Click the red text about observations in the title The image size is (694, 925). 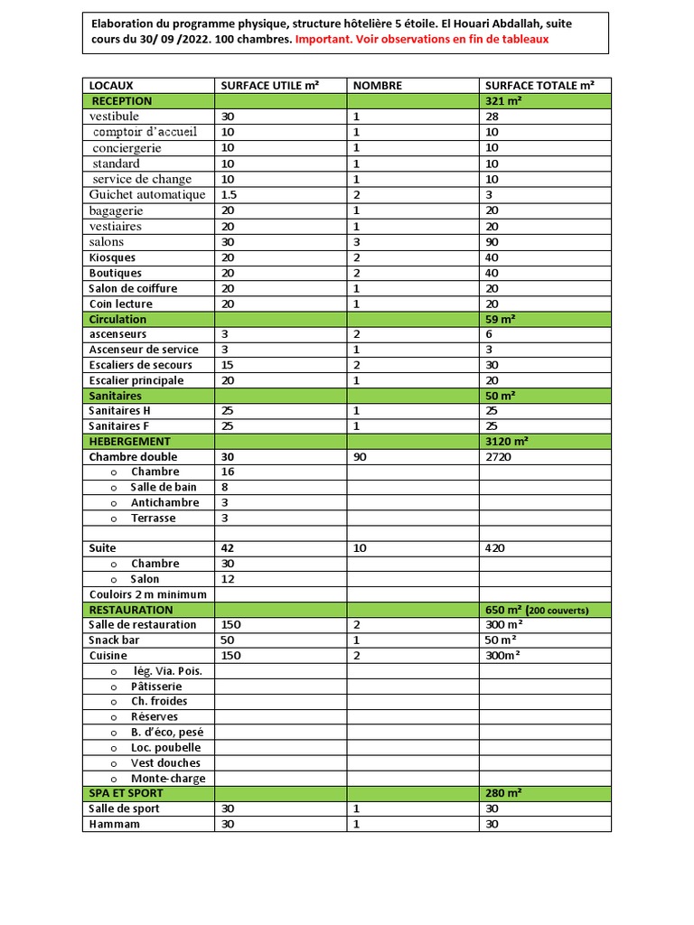click(422, 40)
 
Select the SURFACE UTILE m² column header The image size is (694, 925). click(269, 86)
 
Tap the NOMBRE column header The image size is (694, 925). click(377, 86)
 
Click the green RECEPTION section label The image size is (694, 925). click(121, 101)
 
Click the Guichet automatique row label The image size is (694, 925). click(147, 194)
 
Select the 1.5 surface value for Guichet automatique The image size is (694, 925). click(229, 194)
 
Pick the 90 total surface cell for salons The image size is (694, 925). click(493, 242)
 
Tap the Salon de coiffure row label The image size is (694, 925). click(133, 288)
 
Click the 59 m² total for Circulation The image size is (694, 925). click(501, 319)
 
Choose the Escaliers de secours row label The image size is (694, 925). click(140, 365)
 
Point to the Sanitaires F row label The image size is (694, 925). click(119, 425)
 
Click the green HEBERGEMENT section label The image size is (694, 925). click(129, 441)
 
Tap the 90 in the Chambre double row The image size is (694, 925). click(360, 457)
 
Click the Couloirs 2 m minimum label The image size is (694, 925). click(147, 594)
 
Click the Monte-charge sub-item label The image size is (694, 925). click(167, 778)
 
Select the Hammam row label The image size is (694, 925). click(115, 824)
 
